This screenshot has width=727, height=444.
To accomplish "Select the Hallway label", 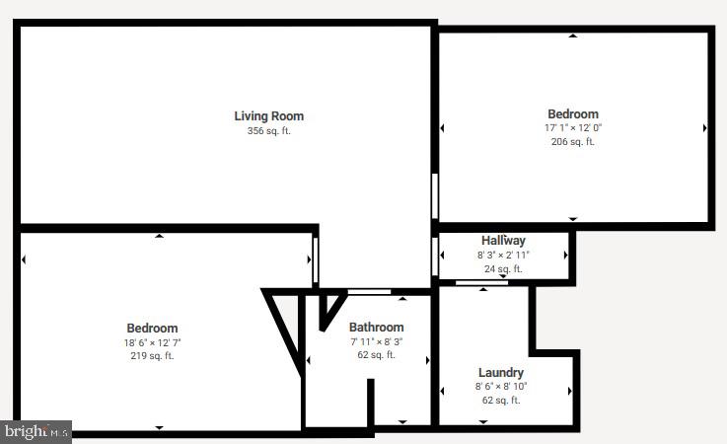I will click(503, 241).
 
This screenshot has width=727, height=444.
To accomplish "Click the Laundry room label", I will click(500, 372).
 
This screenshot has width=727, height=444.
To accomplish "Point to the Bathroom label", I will click(376, 328).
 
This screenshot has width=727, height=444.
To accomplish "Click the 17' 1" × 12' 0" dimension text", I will click(572, 127).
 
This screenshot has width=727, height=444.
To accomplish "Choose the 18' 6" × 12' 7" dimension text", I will click(152, 342).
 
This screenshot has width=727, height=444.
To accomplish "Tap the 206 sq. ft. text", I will click(572, 141).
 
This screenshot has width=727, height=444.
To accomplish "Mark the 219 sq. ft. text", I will click(152, 356).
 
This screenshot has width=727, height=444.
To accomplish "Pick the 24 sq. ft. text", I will click(503, 268).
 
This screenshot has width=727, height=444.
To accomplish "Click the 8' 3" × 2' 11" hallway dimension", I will click(503, 255).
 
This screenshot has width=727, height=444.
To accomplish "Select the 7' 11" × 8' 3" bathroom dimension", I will click(376, 341).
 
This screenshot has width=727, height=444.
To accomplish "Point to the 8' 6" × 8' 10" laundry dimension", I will click(500, 386).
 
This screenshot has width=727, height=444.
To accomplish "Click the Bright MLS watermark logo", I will click(36, 431).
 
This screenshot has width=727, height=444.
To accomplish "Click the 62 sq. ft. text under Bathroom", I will click(376, 355).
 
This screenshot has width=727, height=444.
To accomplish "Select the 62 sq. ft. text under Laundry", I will click(500, 400).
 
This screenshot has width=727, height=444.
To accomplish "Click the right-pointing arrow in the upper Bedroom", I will click(704, 128).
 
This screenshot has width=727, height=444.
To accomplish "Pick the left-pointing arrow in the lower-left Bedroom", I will click(24, 259).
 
